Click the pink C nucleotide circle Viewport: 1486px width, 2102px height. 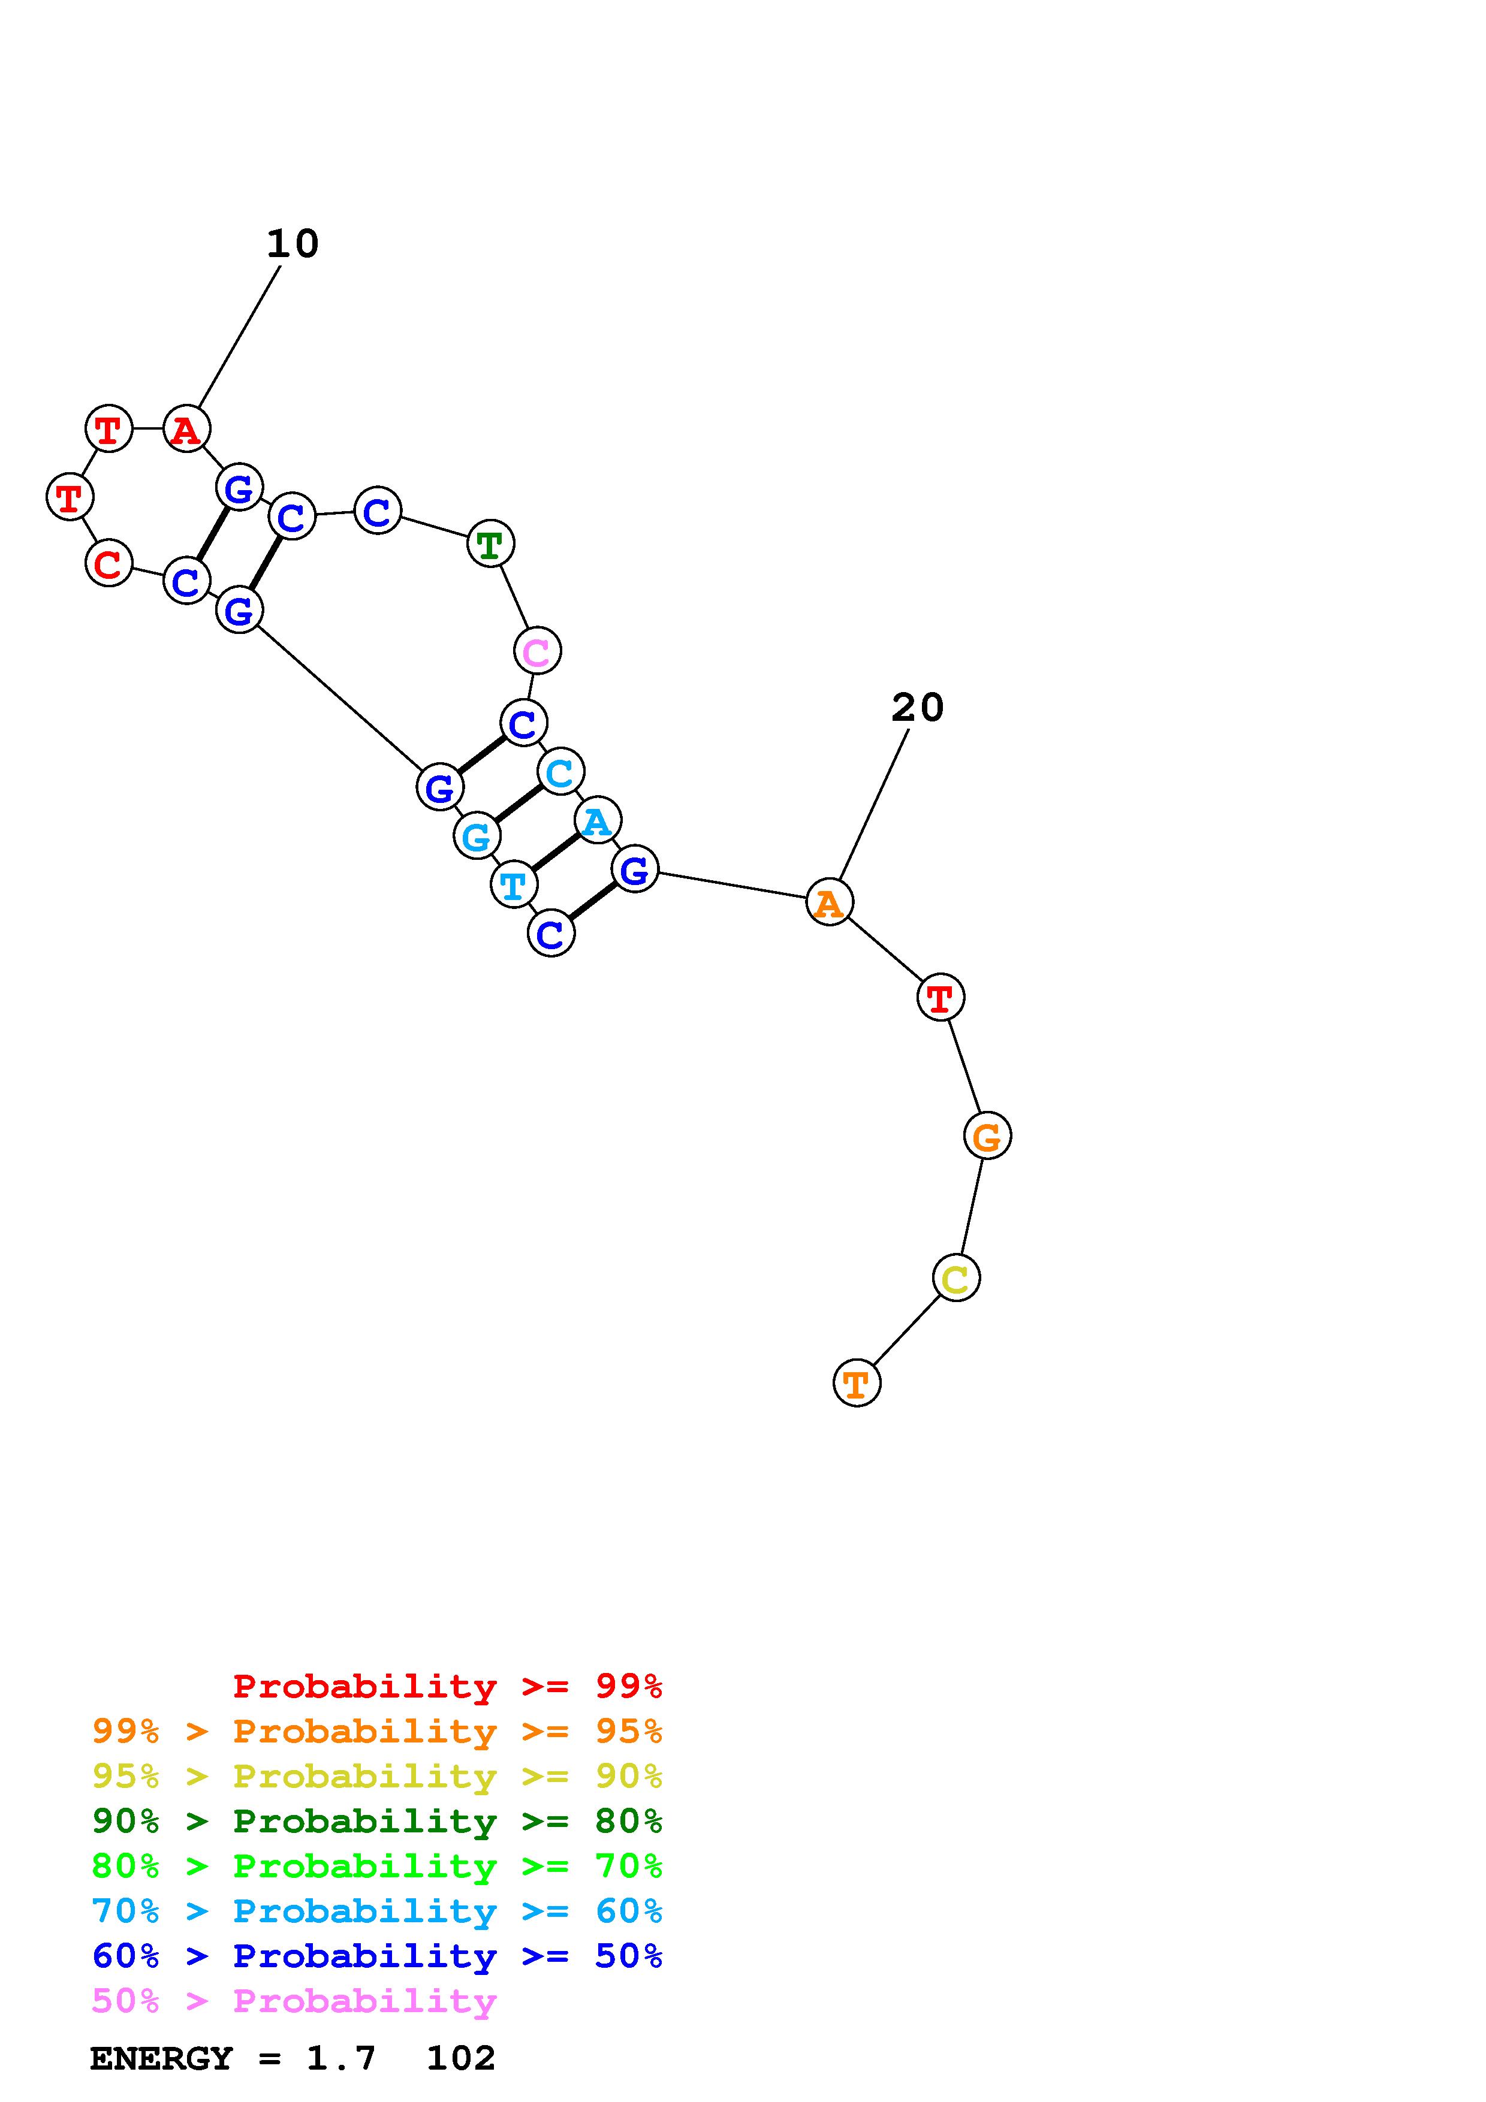(536, 651)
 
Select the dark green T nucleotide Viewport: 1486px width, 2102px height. (491, 544)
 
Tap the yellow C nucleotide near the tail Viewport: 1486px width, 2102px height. (956, 1278)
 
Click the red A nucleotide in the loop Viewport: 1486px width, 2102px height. (187, 428)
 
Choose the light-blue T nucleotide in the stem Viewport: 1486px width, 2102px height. (514, 884)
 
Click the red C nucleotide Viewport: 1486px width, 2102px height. (109, 563)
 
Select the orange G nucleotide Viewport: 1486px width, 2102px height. (987, 1136)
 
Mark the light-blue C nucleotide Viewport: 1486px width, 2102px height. (560, 772)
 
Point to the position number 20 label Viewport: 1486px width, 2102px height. (917, 708)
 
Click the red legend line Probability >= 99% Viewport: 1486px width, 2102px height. (447, 1686)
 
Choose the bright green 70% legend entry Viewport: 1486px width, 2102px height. (376, 1866)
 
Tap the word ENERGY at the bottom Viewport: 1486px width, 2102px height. (161, 2059)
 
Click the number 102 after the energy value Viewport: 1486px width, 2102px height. (460, 2059)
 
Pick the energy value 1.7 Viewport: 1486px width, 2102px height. (340, 2059)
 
